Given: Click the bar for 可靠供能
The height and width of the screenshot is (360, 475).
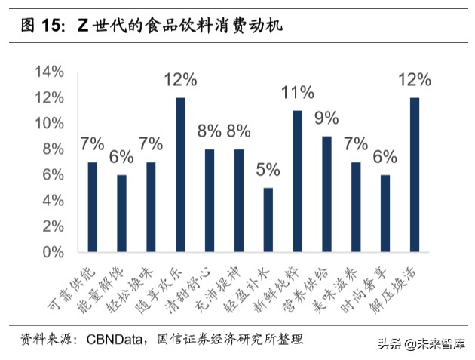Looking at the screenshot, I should tap(93, 207).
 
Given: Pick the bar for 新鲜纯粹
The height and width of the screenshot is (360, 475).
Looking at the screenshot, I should tap(297, 181).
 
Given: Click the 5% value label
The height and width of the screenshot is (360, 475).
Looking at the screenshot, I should tap(268, 169).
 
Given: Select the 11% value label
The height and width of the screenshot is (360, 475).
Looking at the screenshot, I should tap(297, 92).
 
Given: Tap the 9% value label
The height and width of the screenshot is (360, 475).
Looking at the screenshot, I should tap(326, 118).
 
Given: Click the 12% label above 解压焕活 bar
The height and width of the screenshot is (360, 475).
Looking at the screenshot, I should tap(415, 79).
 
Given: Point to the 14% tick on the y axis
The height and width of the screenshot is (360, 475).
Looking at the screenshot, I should tap(49, 72).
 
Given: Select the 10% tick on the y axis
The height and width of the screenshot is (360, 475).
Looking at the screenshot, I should tap(49, 123).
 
